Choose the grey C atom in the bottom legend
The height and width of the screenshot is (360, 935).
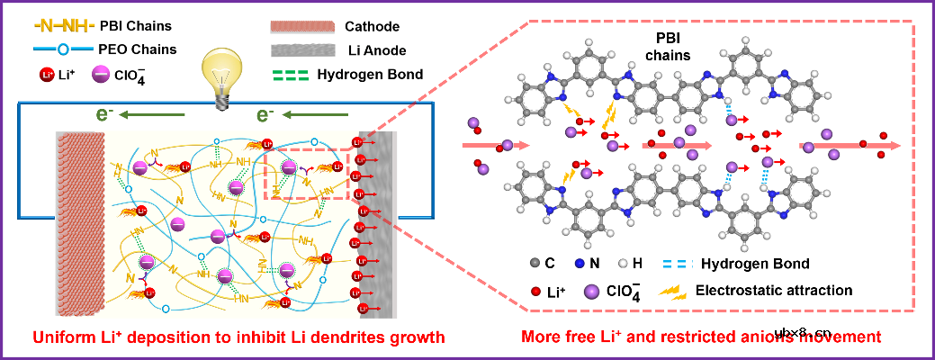(537, 264)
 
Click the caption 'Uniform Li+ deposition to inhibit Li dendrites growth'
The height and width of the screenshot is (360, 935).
(238, 338)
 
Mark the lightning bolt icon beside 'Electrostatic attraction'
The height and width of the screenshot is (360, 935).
(672, 291)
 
